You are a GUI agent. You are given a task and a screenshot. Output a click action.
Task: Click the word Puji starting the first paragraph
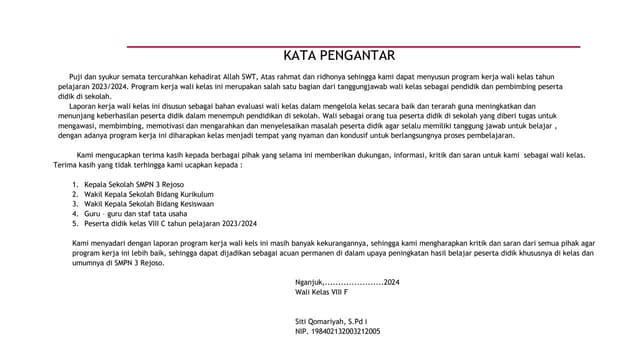pos(76,78)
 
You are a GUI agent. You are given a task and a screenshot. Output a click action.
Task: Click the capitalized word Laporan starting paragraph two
pos(85,104)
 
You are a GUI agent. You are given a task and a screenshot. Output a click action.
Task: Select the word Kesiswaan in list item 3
pos(191,204)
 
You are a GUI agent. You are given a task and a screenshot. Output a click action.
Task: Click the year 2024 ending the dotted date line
pos(391,285)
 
